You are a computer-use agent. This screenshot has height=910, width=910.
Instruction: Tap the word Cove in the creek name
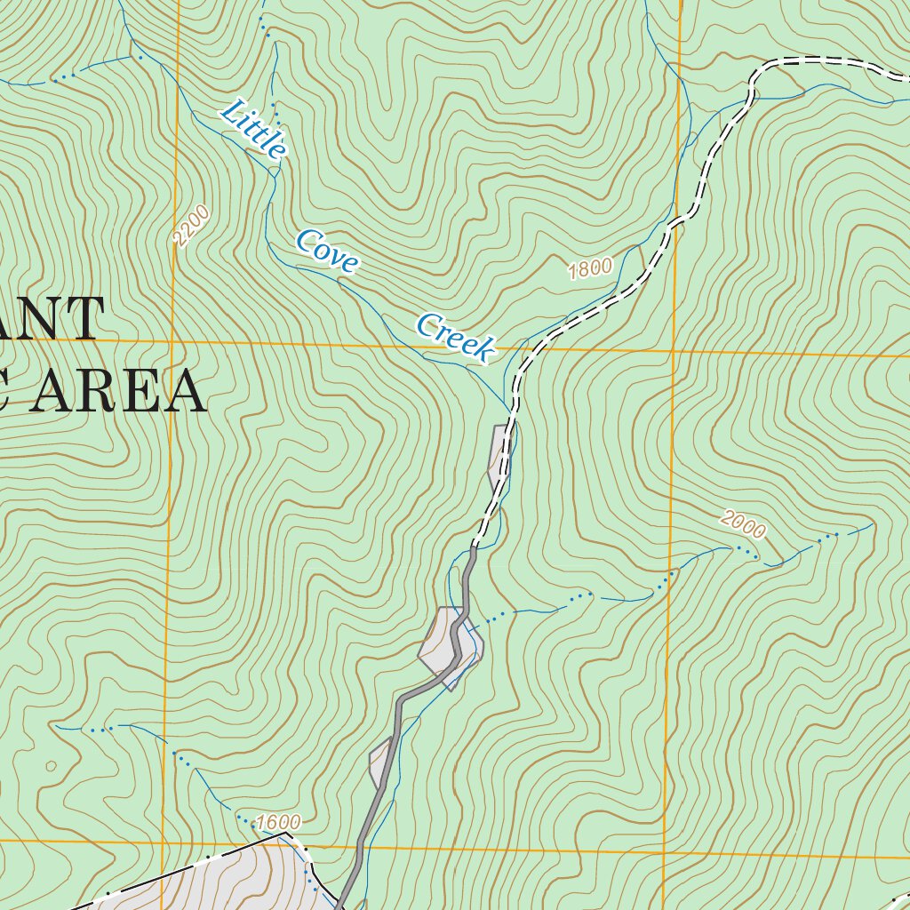(x=327, y=251)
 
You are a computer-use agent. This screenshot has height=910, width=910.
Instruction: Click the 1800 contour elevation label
(x=591, y=267)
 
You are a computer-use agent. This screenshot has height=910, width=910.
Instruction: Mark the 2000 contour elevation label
(x=743, y=525)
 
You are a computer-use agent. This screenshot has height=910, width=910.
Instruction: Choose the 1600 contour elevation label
(x=278, y=823)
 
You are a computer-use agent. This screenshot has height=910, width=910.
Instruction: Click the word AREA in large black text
(x=116, y=392)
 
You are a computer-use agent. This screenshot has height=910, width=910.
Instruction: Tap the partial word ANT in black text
(x=53, y=321)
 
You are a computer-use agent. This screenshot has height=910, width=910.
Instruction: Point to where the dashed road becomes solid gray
(x=474, y=548)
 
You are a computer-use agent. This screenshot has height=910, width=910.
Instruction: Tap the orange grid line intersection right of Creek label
(x=674, y=350)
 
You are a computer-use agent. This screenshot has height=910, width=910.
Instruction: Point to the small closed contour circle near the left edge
(x=51, y=764)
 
